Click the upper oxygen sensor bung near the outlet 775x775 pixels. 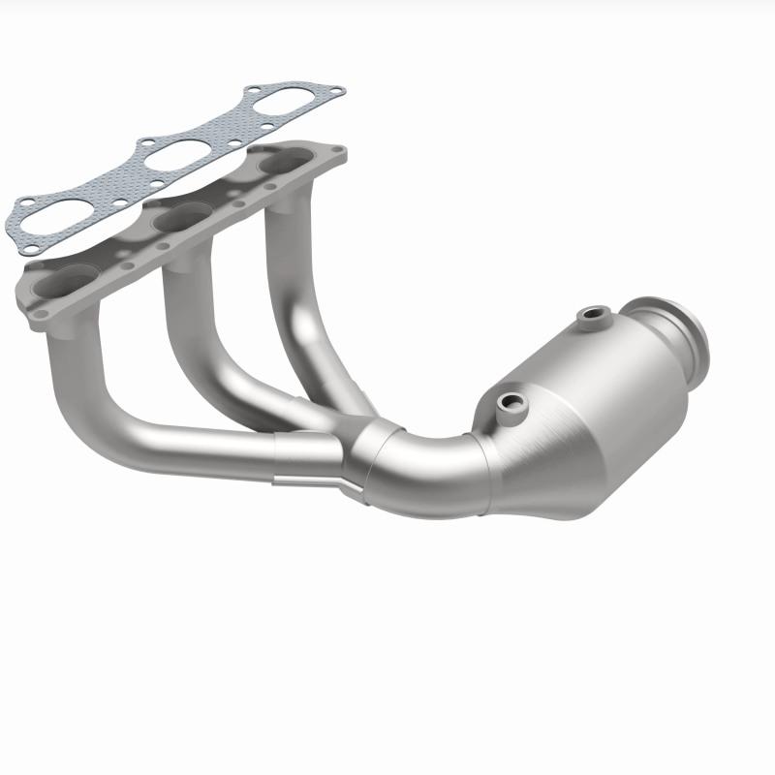592,316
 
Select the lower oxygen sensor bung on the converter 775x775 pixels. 508,400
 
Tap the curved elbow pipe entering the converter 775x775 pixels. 426,465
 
